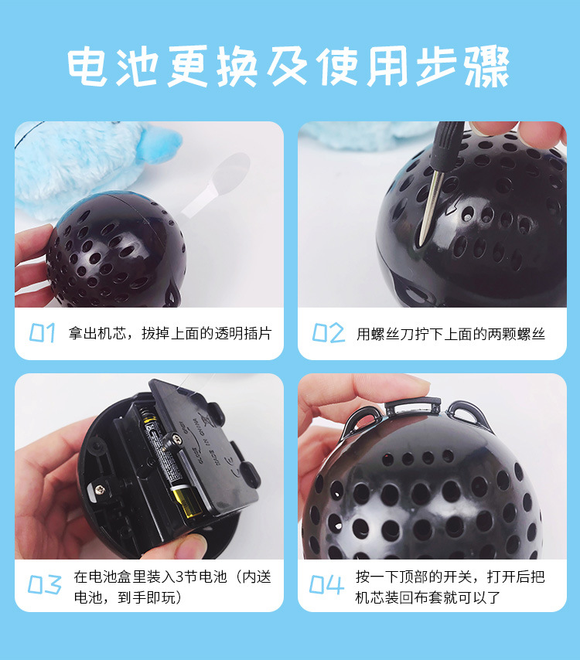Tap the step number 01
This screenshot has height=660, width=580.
(42, 333)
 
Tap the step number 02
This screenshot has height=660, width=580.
(328, 333)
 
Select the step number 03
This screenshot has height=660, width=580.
(44, 585)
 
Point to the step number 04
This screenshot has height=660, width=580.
(327, 585)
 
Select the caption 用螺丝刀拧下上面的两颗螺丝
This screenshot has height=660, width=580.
(450, 334)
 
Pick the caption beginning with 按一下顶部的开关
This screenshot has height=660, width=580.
(450, 587)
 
